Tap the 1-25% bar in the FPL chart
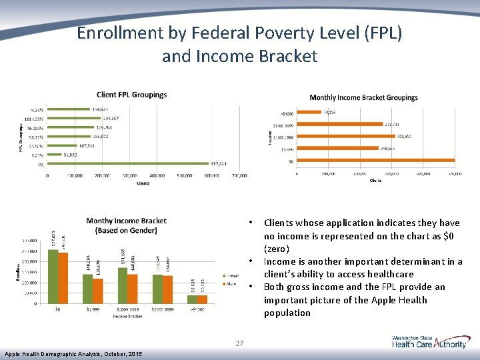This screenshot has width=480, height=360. pyautogui.click(x=55, y=155)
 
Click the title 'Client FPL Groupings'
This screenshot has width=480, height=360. pyautogui.click(x=131, y=95)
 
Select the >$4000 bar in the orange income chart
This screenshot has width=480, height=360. pyautogui.click(x=309, y=112)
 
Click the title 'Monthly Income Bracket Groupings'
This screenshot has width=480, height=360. pyautogui.click(x=363, y=97)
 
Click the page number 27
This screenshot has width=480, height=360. pyautogui.click(x=239, y=344)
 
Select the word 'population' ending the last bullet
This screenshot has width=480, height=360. pyautogui.click(x=287, y=313)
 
